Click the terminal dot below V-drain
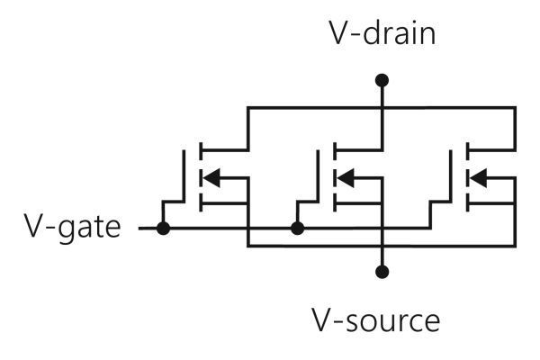[x=382, y=81]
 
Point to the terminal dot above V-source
[x=382, y=271]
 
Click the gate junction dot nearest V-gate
[x=163, y=229]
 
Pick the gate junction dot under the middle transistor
[x=298, y=229]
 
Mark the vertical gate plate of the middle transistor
[x=321, y=176]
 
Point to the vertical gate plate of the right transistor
[x=454, y=176]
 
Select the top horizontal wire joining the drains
[x=315, y=107]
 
